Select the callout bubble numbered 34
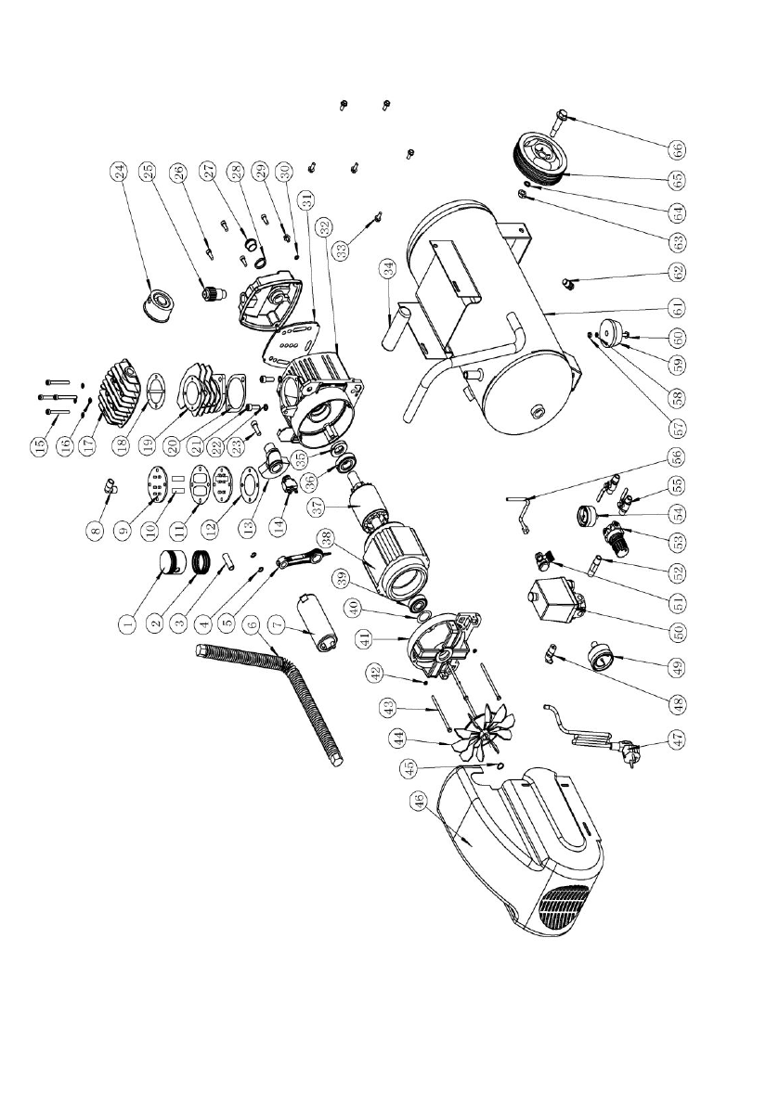(384, 270)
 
